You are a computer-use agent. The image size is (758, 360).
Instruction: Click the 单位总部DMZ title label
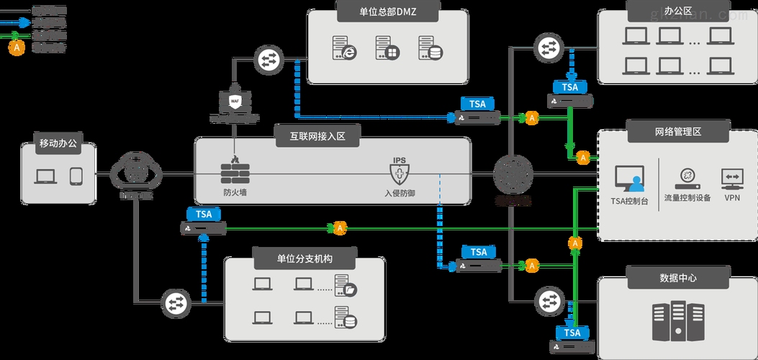pyautogui.click(x=378, y=11)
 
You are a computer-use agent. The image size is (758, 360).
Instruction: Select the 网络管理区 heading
pyautogui.click(x=677, y=132)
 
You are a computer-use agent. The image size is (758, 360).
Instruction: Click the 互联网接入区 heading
pyautogui.click(x=318, y=136)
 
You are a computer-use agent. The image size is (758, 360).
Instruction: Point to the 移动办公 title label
pyautogui.click(x=58, y=144)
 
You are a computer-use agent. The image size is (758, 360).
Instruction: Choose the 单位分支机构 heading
pyautogui.click(x=305, y=258)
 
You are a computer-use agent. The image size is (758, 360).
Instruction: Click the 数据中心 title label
pyautogui.click(x=677, y=277)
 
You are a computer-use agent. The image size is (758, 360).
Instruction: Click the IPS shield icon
pyautogui.click(x=399, y=172)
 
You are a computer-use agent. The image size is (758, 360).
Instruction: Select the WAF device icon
pyautogui.click(x=235, y=103)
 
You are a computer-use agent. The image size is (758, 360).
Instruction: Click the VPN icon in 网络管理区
pyautogui.click(x=732, y=178)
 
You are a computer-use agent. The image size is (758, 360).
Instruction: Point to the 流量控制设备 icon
pyautogui.click(x=687, y=176)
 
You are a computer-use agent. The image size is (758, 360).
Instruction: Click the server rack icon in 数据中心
pyautogui.click(x=677, y=322)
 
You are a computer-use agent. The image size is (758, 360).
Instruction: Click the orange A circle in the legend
pyautogui.click(x=16, y=48)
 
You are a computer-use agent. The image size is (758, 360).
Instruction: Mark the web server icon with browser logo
pyautogui.click(x=343, y=48)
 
